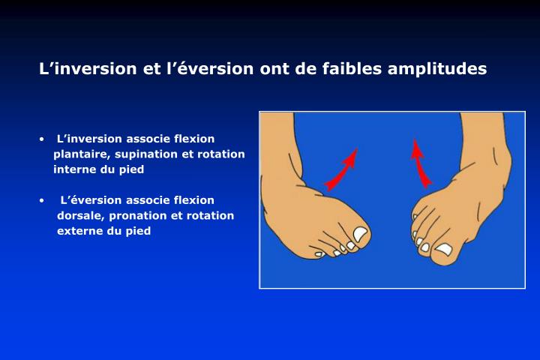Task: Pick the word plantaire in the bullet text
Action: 78,154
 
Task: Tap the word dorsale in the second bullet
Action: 80,215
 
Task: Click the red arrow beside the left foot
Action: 341,169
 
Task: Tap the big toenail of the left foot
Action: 361,235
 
